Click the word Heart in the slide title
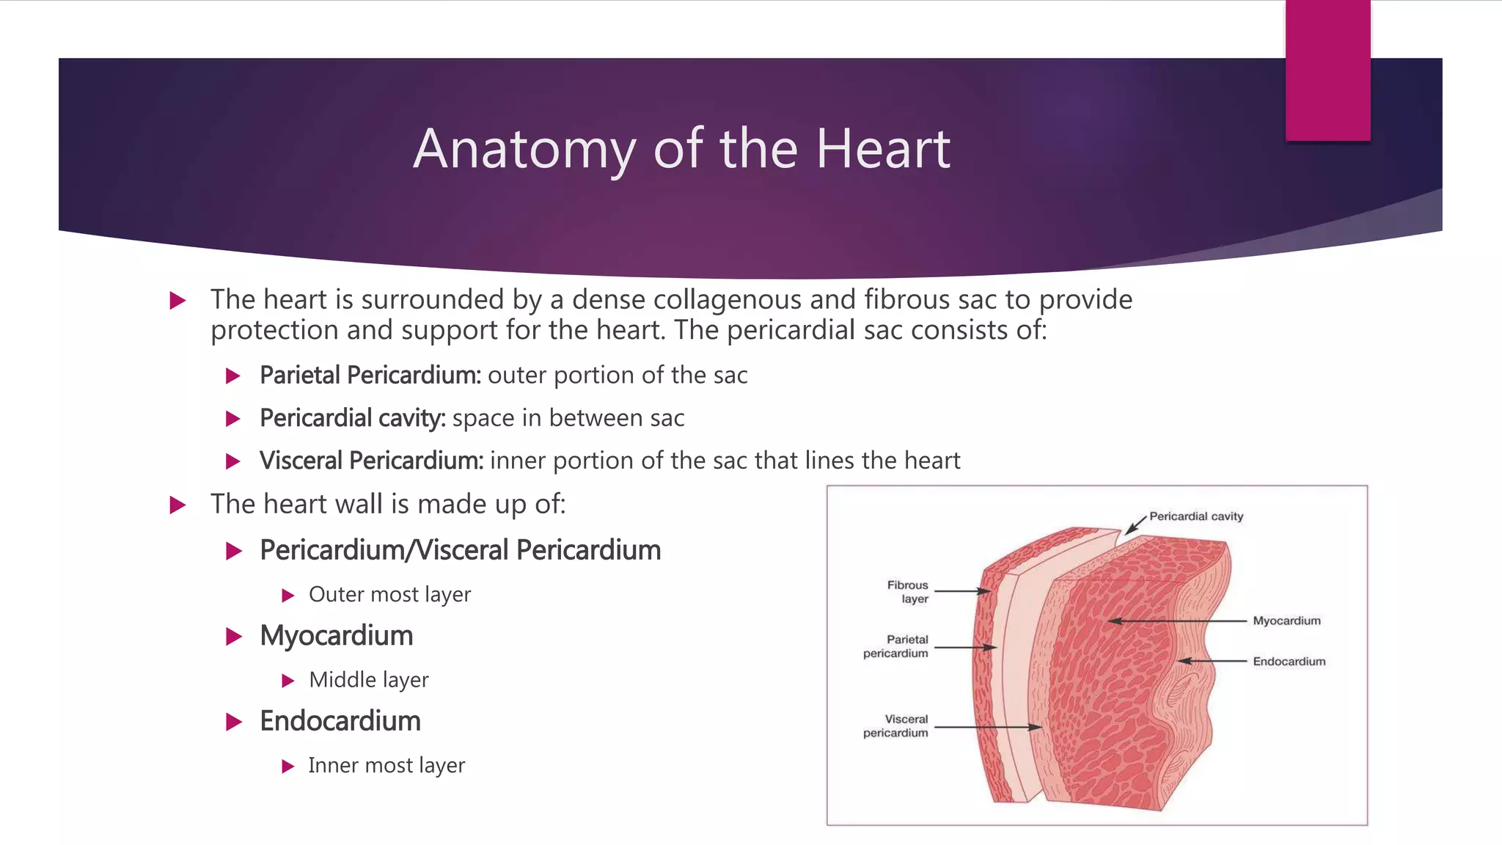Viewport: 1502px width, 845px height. (x=883, y=149)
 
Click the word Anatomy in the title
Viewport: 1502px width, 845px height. (x=524, y=150)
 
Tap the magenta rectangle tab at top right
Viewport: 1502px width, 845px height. (x=1327, y=70)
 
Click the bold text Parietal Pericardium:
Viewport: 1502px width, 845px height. (x=370, y=375)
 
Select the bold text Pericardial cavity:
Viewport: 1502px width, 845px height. (x=353, y=418)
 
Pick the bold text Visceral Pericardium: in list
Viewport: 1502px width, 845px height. (x=372, y=461)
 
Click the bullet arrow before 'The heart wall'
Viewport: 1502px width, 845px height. (x=177, y=505)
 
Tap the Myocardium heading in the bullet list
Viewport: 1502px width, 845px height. (x=337, y=635)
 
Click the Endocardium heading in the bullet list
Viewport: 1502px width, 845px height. (x=340, y=721)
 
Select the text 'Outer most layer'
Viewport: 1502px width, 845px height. (x=389, y=594)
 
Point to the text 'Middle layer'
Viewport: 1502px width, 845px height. (x=369, y=680)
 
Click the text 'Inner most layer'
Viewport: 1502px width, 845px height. (x=387, y=765)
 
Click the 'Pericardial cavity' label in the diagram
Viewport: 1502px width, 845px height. (x=1196, y=516)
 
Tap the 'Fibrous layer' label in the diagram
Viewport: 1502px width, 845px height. (x=908, y=592)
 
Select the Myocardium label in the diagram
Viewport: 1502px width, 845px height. (x=1286, y=621)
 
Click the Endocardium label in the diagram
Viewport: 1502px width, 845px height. (x=1289, y=662)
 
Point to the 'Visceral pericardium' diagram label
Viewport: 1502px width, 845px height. (x=896, y=726)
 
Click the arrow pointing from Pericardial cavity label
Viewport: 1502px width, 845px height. (x=1135, y=525)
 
